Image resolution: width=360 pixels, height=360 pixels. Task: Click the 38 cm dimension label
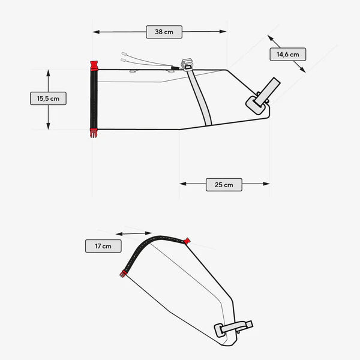tap(164, 32)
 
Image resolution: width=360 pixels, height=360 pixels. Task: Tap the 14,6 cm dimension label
tap(287, 55)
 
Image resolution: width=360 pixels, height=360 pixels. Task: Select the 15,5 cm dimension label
tap(48, 98)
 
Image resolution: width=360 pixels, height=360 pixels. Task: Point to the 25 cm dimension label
tap(224, 185)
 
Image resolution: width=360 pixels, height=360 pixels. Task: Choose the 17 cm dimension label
tap(103, 246)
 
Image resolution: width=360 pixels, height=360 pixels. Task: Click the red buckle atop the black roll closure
tap(94, 65)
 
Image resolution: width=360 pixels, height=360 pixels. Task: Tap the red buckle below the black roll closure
tap(94, 133)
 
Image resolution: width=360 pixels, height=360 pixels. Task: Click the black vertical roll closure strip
tap(94, 99)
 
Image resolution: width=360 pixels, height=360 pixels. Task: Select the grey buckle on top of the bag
tap(187, 65)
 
